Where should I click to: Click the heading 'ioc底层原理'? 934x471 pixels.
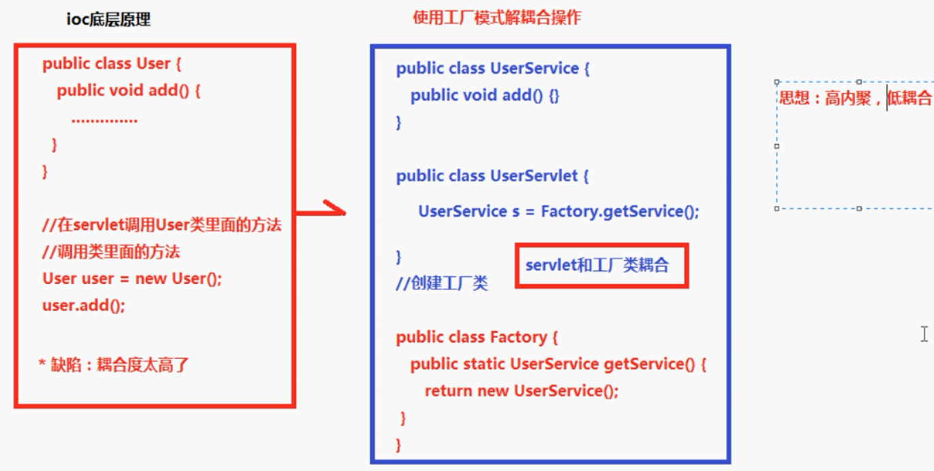(x=108, y=20)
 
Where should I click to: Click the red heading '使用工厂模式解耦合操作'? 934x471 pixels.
(x=497, y=18)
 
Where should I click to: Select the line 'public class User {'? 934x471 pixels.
(x=112, y=64)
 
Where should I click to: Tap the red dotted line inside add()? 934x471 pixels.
(x=104, y=119)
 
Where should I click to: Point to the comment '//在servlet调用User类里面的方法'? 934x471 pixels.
(x=162, y=226)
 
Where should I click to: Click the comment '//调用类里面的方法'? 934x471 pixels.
(x=111, y=253)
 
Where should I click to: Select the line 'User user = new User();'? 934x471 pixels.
(x=132, y=279)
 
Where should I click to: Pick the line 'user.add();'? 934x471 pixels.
(x=84, y=305)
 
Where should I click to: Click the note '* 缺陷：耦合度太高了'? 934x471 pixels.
(x=114, y=365)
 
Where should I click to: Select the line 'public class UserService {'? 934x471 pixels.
(x=493, y=69)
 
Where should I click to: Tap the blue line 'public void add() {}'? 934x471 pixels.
(x=485, y=96)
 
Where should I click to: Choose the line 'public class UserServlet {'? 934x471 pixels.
(x=492, y=176)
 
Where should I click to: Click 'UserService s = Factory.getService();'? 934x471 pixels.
(x=558, y=212)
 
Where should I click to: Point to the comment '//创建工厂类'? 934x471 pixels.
(x=442, y=283)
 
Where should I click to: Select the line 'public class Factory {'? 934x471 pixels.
(x=477, y=337)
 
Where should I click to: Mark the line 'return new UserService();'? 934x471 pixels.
(x=522, y=391)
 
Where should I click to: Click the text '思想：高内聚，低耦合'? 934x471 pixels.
(x=855, y=98)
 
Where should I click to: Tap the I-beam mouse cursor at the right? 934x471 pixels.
(x=924, y=334)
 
